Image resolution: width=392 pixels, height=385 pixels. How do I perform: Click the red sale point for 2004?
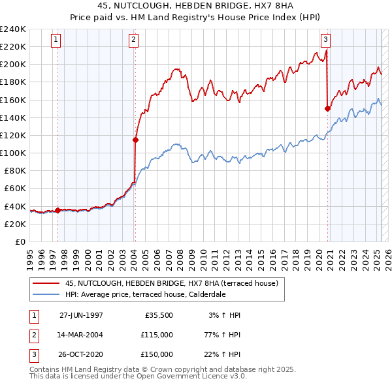point(135,140)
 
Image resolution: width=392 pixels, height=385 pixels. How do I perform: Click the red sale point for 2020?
point(327,109)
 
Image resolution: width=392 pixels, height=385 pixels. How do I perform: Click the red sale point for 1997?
point(57,210)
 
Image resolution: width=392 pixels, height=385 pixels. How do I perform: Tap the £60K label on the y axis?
point(15,188)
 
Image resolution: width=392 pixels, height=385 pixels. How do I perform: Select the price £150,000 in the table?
point(157,354)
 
